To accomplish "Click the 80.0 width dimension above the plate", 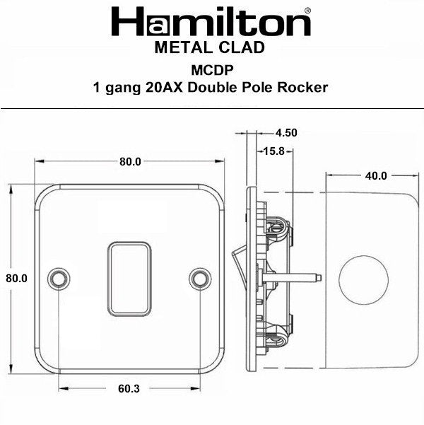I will pyautogui.click(x=130, y=161).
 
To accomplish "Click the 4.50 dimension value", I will pyautogui.click(x=285, y=132).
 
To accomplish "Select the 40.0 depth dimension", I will pyautogui.click(x=375, y=175).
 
